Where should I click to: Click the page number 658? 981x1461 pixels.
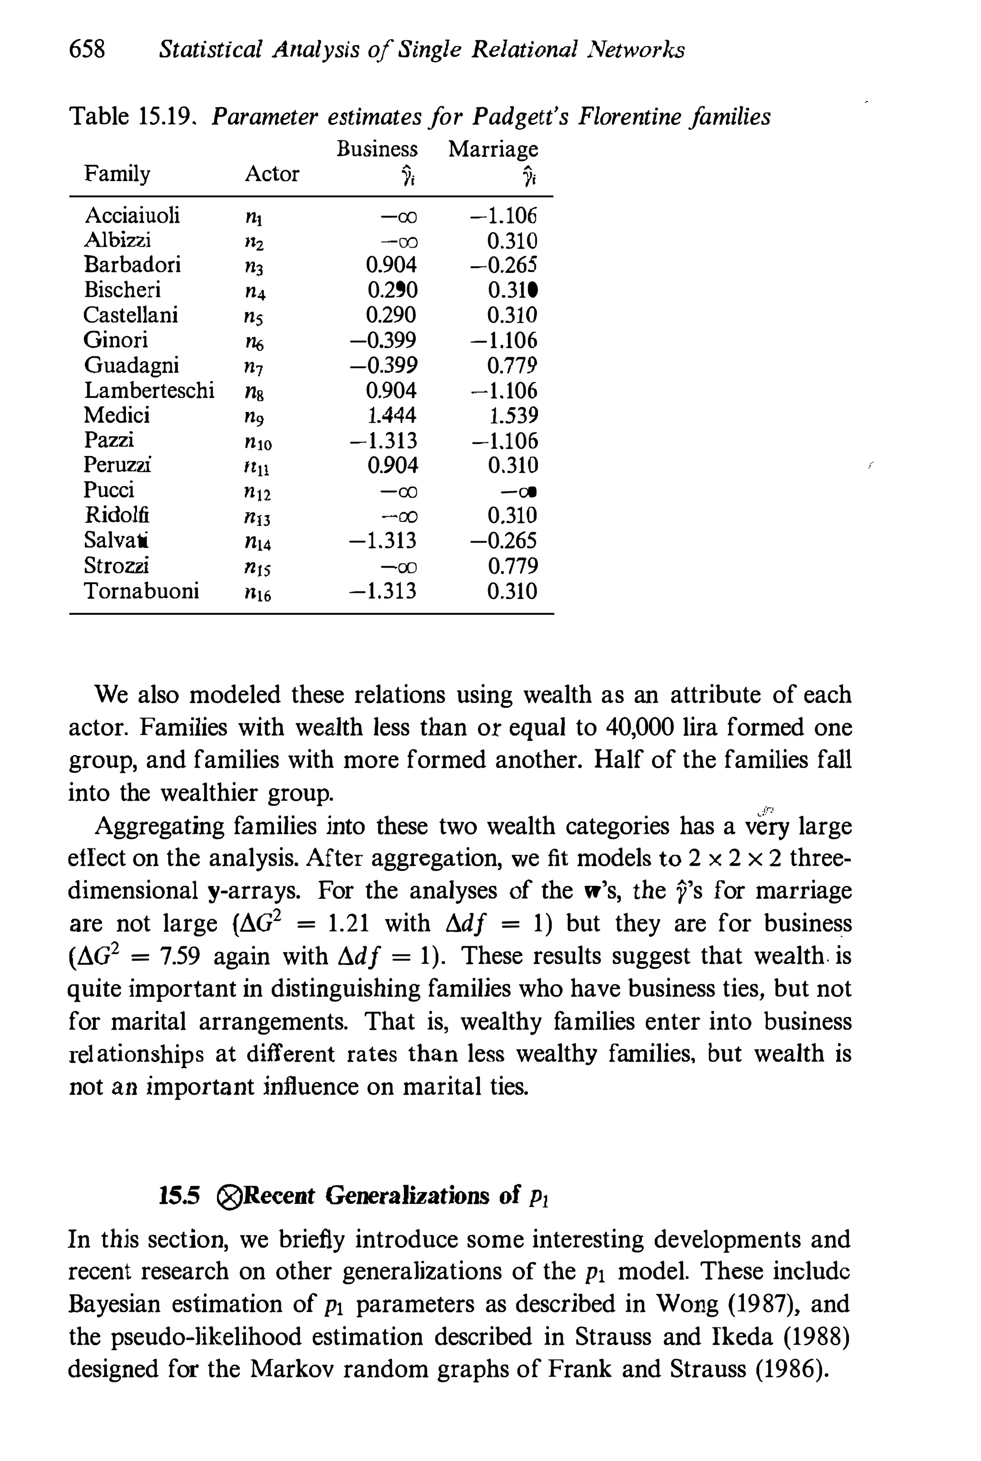tap(87, 49)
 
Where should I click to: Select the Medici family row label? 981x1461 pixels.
tap(116, 415)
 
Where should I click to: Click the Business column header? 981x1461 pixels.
tap(376, 149)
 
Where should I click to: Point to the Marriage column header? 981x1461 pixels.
tap(493, 149)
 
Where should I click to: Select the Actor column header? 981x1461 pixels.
tap(272, 174)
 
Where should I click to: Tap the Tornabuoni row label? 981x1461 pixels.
tap(141, 590)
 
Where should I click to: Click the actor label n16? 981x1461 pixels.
tap(257, 592)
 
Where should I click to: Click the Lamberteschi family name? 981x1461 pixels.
tap(149, 390)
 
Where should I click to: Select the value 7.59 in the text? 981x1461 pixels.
tap(180, 956)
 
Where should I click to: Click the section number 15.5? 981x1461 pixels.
tap(179, 1197)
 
